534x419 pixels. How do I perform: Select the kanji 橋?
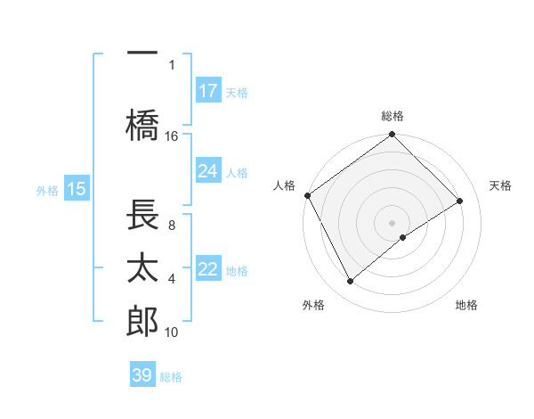[x=142, y=127]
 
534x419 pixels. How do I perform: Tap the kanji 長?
[x=142, y=216]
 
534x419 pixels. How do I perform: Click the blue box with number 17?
[x=208, y=90]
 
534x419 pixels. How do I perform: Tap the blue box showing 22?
[x=208, y=269]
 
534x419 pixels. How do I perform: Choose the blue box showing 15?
[x=76, y=188]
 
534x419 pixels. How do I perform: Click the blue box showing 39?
[x=142, y=375]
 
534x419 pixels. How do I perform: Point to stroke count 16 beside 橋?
[x=172, y=136]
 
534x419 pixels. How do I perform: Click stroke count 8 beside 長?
[x=172, y=225]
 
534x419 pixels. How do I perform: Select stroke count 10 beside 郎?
[x=172, y=332]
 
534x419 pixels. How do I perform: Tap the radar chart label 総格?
[x=392, y=116]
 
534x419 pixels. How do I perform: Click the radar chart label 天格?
[x=501, y=185]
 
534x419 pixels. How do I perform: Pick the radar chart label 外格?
[x=313, y=305]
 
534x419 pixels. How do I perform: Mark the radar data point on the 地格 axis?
[x=403, y=237]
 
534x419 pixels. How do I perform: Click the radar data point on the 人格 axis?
[x=307, y=195]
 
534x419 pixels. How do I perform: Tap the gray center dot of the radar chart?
[x=392, y=222]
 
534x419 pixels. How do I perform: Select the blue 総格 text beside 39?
[x=171, y=377]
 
